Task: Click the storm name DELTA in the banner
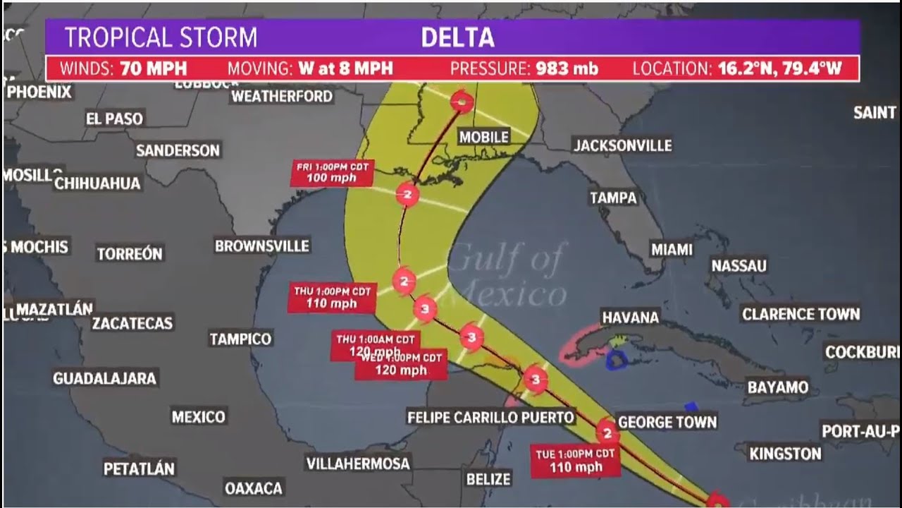[457, 37]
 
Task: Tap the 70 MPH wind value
[154, 69]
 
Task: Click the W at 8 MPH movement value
[345, 69]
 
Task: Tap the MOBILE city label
[483, 137]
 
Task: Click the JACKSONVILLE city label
[622, 145]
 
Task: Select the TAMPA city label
[613, 198]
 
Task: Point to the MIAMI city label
[672, 250]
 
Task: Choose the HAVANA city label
[630, 317]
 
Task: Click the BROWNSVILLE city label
[262, 246]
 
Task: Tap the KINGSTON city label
[785, 454]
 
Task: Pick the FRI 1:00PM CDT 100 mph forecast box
[333, 173]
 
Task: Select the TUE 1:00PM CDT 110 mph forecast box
[576, 460]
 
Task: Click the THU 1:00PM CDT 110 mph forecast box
[333, 297]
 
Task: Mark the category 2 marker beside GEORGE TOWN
[607, 432]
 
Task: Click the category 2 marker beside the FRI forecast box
[407, 193]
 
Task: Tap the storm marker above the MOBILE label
[462, 102]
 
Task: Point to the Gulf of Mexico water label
[507, 275]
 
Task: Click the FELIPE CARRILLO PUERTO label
[490, 418]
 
